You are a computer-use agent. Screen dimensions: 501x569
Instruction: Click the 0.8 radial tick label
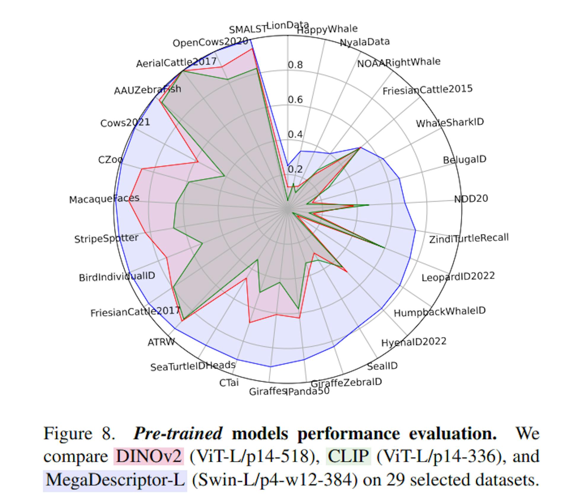(x=295, y=65)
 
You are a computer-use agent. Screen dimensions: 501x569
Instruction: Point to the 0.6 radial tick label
(x=295, y=100)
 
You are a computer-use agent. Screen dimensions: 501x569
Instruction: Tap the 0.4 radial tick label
(x=295, y=135)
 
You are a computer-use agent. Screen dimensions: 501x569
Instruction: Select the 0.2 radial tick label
(x=295, y=169)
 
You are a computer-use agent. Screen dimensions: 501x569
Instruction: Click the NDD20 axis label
(x=471, y=198)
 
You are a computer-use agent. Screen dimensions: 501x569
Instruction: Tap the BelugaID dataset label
(x=464, y=160)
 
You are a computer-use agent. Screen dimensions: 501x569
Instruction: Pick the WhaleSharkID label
(x=450, y=122)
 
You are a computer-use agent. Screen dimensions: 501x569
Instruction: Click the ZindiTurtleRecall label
(x=469, y=238)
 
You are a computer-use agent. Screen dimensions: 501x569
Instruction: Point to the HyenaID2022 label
(x=414, y=342)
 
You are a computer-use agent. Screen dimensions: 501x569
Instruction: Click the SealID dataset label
(x=382, y=366)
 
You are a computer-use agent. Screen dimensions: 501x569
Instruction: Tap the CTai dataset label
(x=229, y=383)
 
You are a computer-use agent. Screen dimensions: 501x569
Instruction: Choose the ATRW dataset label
(x=161, y=342)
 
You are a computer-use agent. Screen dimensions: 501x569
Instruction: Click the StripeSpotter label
(x=106, y=238)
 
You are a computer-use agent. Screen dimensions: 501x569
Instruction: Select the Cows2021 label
(x=125, y=123)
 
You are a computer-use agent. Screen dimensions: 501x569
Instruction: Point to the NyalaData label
(x=365, y=42)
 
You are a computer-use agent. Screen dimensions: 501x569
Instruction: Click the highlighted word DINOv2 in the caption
(x=148, y=456)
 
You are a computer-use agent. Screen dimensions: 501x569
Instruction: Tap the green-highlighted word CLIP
(x=348, y=456)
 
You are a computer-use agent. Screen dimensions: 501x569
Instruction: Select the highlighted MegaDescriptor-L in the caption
(x=115, y=479)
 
